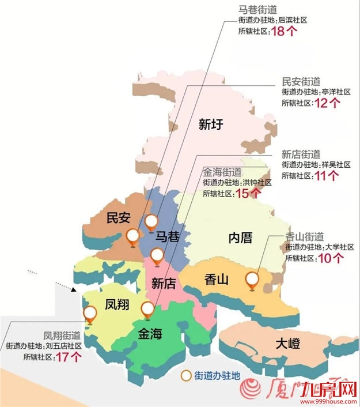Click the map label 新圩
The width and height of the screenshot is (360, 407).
(210, 124)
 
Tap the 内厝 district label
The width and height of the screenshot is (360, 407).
(240, 237)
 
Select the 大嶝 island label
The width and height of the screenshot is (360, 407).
(287, 345)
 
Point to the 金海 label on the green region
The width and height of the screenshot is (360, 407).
(150, 333)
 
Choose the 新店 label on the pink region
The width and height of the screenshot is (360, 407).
(164, 282)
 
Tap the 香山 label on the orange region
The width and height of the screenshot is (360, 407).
(217, 280)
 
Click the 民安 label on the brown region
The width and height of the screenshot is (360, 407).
(119, 218)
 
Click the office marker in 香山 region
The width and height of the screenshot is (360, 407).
(252, 279)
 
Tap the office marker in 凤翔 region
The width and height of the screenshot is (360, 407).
(90, 313)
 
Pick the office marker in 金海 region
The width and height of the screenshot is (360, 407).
(148, 309)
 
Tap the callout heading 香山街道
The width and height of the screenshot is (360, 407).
(304, 236)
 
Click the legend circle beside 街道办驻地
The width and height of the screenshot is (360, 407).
(186, 375)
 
